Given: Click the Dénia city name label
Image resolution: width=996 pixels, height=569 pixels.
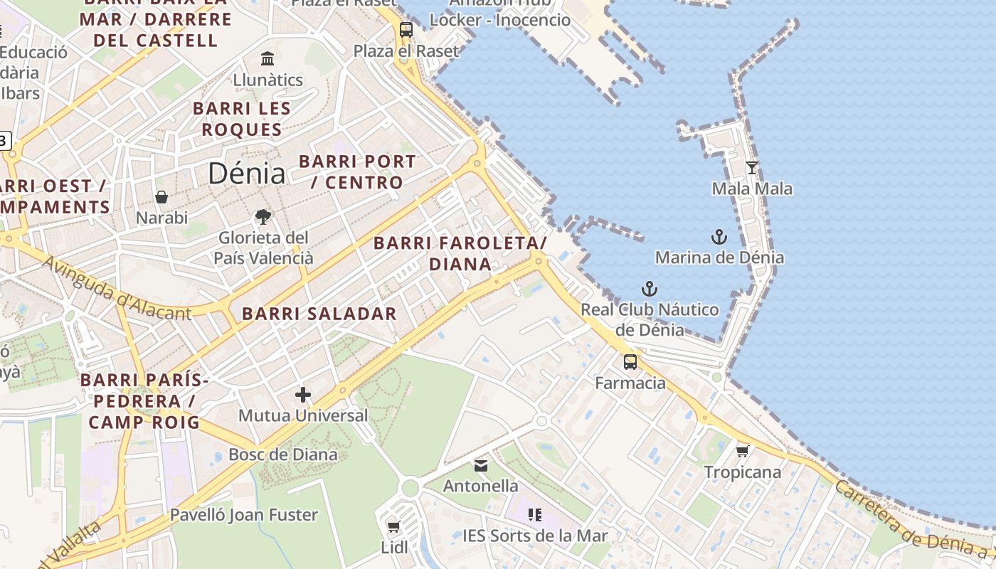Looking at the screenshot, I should click(247, 174).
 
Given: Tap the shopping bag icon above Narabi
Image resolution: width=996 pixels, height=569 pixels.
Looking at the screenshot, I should click(162, 197).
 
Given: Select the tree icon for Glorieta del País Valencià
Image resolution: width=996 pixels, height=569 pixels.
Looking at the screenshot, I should click(263, 217).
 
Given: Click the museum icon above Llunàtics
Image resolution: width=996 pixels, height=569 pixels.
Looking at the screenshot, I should click(267, 58).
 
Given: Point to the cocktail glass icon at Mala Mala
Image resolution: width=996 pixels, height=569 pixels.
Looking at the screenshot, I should click(752, 168).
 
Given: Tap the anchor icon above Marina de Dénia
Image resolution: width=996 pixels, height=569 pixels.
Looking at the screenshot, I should click(719, 237).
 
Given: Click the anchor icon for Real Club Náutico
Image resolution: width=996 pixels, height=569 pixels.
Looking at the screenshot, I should click(649, 289).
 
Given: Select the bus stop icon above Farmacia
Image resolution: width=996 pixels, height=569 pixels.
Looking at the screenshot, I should click(630, 362).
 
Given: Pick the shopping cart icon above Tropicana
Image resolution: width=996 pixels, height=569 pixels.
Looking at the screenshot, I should click(742, 451).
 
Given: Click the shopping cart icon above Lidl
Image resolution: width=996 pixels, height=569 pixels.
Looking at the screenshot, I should click(393, 526).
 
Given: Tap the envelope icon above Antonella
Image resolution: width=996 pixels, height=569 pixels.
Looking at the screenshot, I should click(481, 466).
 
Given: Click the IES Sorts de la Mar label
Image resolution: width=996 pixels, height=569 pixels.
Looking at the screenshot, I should click(535, 536).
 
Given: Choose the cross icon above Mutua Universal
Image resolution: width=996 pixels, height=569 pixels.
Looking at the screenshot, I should click(303, 395).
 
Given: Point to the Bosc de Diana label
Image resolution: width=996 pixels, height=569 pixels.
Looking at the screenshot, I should click(283, 454).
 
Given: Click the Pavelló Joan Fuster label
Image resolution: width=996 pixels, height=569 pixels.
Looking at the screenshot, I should click(243, 514).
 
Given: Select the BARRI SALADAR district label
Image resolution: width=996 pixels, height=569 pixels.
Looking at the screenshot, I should click(319, 314).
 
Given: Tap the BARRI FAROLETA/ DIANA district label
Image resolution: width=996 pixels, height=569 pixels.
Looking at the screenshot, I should click(460, 253).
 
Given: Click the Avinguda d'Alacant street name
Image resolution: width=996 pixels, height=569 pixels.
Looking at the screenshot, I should click(117, 289).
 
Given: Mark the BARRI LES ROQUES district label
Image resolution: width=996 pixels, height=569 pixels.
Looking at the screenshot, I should click(242, 119).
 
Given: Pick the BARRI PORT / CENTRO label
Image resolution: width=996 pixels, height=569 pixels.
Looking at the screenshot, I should click(357, 171).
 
